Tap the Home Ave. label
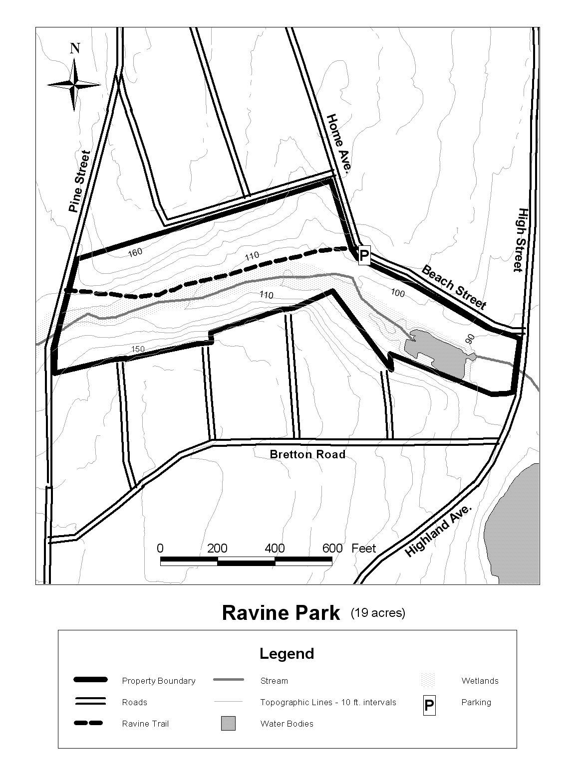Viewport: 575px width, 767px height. pos(339,145)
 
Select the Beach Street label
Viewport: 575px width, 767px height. pos(454,287)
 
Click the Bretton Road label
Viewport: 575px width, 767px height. pos(307,454)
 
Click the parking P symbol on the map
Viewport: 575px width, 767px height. pos(364,256)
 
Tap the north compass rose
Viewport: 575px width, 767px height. pos(74,84)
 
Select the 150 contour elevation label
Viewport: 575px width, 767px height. pos(138,349)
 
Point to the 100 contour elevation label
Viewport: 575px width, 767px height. pos(397,293)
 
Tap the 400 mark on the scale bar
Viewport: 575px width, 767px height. pos(275,549)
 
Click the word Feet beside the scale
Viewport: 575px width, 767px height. pos(363,549)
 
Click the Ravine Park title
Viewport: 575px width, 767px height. pos(281,612)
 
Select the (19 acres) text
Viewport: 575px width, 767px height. pos(378,612)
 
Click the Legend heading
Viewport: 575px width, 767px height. pos(287,653)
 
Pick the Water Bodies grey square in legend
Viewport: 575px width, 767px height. pos(228,723)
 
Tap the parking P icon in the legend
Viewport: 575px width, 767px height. pos(429,706)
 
